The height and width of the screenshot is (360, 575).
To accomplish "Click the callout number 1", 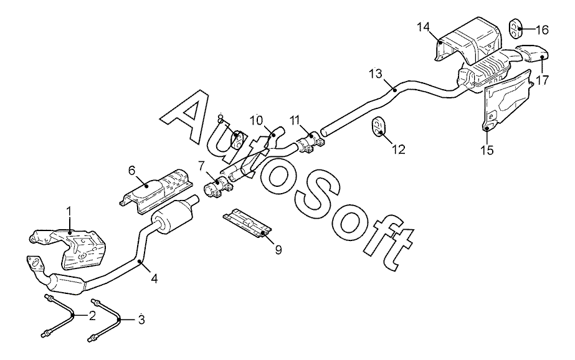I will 69,212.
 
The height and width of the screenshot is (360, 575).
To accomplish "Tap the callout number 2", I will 92,316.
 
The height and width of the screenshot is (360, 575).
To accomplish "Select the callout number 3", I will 141,320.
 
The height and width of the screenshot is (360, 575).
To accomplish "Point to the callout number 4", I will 154,280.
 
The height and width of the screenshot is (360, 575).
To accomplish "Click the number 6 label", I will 131,170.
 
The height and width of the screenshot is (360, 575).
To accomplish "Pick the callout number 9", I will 278,250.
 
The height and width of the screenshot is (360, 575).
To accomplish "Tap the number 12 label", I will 398,149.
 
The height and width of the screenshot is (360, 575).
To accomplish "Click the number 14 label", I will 424,26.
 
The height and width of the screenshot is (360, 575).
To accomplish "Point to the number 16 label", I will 541,29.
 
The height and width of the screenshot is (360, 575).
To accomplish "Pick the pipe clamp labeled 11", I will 309,143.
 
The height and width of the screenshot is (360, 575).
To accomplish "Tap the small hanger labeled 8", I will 237,136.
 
